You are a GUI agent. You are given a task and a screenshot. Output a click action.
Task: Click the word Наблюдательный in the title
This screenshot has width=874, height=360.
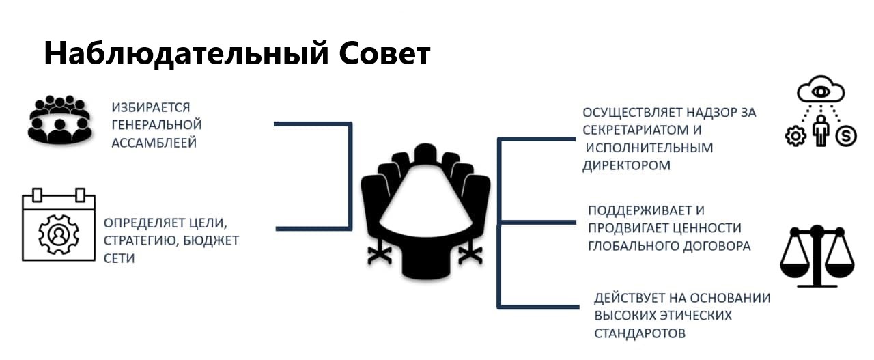186,54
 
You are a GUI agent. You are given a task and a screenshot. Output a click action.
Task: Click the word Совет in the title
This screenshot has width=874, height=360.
384,53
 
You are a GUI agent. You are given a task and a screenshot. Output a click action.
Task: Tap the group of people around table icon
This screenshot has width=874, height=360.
59,120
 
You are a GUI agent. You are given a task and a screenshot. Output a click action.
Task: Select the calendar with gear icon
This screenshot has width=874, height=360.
59,225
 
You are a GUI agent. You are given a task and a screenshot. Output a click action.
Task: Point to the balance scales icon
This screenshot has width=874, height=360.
817,257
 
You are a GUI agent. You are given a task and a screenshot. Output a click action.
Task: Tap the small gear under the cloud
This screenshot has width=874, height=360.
795,136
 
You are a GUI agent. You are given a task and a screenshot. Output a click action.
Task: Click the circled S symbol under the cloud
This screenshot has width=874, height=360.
846,136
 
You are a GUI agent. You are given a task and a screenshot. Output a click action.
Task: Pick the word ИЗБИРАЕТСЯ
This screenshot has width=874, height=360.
151,107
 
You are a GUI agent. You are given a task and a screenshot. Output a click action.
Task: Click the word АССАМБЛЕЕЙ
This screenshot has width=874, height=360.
154,143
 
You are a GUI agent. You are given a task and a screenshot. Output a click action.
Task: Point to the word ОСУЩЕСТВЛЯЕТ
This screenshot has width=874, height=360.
632,113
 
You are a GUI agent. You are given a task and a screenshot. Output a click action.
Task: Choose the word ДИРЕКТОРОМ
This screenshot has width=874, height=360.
626,165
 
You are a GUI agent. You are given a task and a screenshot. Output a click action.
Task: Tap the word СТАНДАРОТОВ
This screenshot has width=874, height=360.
640,333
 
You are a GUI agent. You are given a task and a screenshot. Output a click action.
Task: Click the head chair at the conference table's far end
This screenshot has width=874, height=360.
425,154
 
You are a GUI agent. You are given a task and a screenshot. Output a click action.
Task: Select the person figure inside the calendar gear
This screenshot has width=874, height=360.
59,234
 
